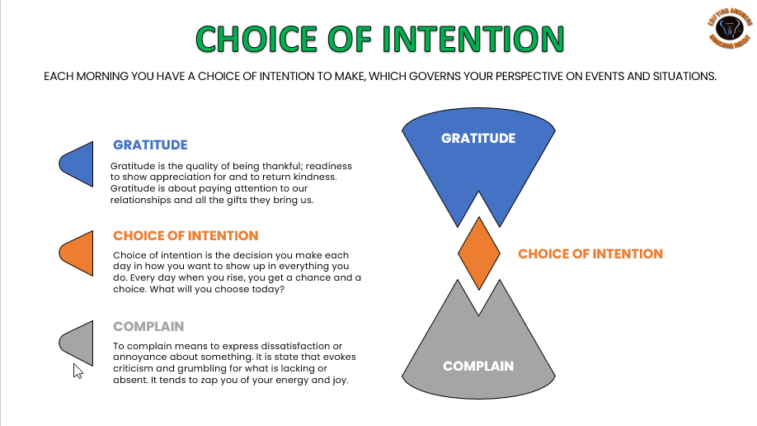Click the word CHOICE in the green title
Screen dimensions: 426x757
click(x=253, y=39)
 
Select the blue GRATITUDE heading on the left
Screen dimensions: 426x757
click(x=150, y=144)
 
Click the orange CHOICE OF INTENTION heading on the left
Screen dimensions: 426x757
click(x=186, y=235)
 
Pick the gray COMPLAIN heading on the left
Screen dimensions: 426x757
click(x=148, y=326)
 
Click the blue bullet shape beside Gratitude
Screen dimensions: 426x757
click(x=77, y=163)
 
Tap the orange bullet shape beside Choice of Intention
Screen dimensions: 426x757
click(x=77, y=253)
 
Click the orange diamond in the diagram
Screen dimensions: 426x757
click(x=478, y=253)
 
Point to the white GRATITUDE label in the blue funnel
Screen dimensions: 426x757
click(x=478, y=138)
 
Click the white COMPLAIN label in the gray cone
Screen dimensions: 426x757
click(x=478, y=366)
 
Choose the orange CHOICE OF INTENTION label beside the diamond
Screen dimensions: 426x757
click(x=590, y=253)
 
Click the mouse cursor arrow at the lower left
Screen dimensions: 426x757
click(x=78, y=371)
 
